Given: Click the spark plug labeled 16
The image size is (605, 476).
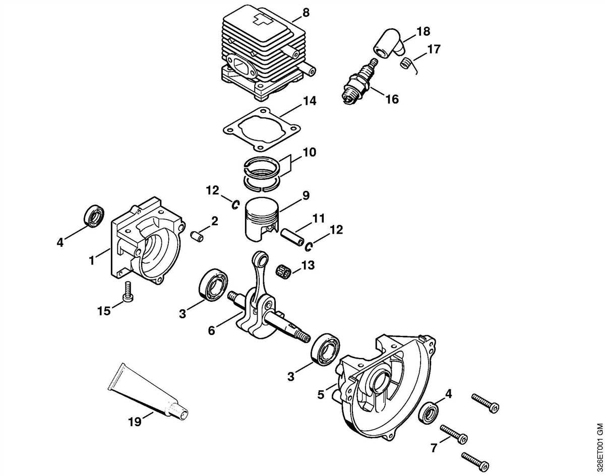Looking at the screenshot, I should click(x=358, y=83).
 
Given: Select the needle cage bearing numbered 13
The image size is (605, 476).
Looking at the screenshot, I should click(x=285, y=270).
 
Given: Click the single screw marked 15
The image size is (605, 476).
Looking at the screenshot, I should click(x=129, y=292).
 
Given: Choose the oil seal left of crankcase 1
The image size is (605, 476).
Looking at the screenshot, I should click(x=94, y=215).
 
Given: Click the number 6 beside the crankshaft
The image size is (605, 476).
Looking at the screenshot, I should click(x=212, y=330).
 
